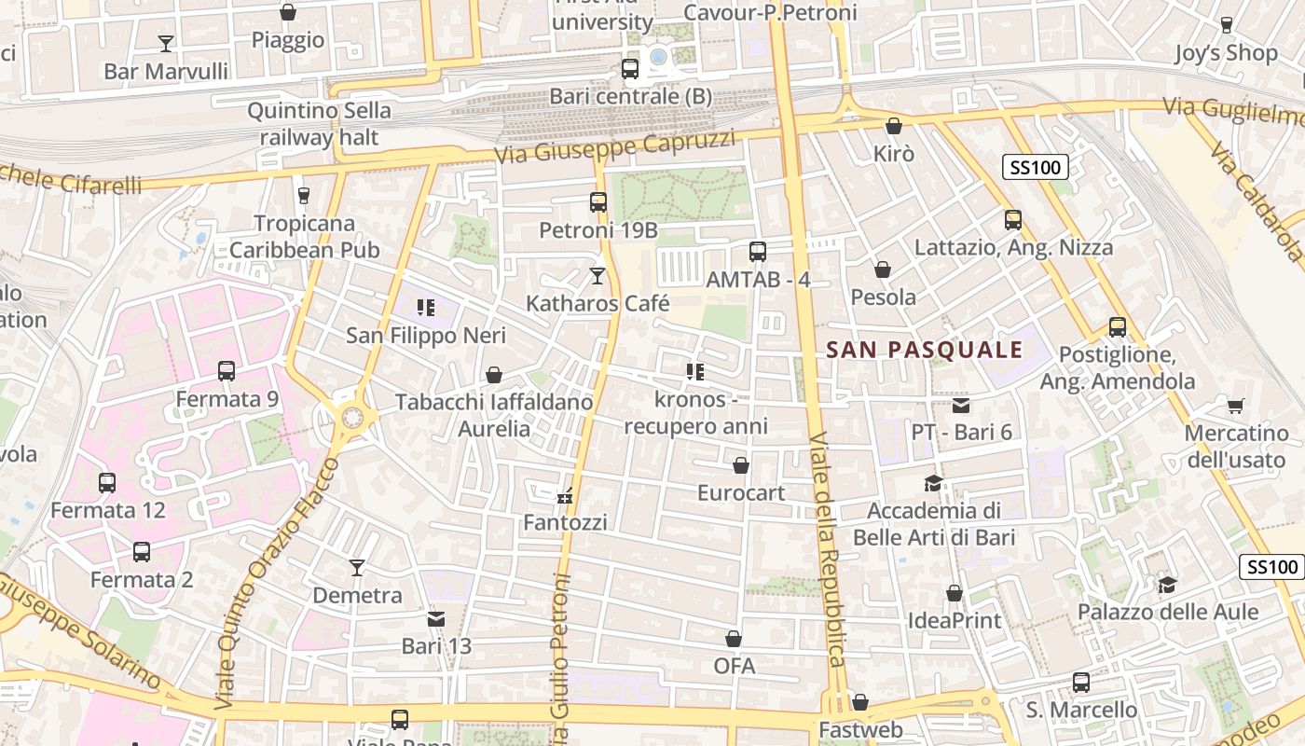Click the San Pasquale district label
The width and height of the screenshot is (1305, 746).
coord(925,350)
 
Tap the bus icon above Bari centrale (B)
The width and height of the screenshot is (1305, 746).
coord(630,68)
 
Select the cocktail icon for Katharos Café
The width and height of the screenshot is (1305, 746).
coord(598,276)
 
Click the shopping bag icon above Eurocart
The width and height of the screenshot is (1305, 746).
coord(741,465)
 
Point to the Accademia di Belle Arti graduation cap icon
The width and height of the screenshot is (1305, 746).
coord(933,483)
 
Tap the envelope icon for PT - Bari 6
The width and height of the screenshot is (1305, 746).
coord(961,406)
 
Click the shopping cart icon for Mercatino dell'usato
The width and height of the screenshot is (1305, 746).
coord(1235,406)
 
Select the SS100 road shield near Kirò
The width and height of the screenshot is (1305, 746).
coord(1035,168)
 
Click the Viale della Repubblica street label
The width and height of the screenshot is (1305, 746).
coord(827,550)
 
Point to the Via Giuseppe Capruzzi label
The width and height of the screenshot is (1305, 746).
coord(615,147)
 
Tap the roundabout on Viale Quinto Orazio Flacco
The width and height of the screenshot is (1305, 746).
coord(352,418)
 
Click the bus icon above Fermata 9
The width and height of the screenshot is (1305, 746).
coord(227,371)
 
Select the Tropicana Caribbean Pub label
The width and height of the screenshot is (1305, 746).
coord(305,237)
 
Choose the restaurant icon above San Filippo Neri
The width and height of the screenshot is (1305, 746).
coord(426,308)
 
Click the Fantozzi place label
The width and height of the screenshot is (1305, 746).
coord(565,522)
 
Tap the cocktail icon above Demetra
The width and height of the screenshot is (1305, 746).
coord(357,567)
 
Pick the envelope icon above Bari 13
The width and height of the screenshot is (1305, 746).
coord(436,618)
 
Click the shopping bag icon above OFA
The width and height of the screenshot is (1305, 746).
coord(734,639)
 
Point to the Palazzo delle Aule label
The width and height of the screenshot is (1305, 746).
coord(1168,612)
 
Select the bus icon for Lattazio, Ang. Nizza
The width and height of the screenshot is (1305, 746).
coord(1013,220)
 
